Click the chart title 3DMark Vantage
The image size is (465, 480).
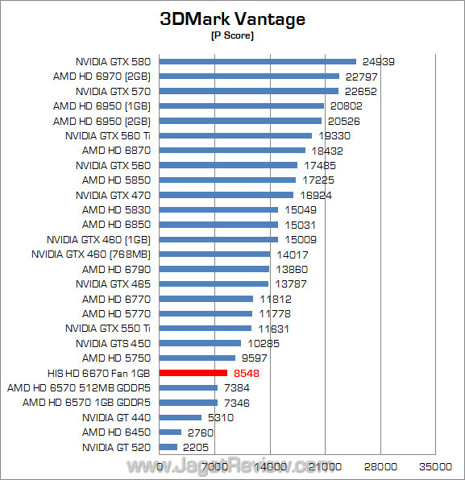point(232,19)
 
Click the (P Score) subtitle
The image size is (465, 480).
point(232,36)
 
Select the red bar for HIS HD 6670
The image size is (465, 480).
point(193,373)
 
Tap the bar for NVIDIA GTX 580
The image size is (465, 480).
point(258,61)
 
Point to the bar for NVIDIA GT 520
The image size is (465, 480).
point(168,447)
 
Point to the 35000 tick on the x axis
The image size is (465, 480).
point(435,466)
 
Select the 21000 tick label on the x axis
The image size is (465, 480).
point(325,466)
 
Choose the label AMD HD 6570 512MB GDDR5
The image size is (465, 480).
point(80,387)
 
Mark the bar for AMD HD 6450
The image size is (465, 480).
point(171,432)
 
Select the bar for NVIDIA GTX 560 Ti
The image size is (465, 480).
point(235,135)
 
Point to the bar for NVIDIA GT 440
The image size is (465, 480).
point(181,417)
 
